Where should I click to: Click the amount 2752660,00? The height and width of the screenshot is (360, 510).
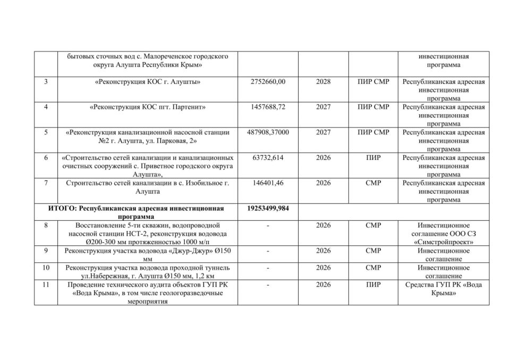268,82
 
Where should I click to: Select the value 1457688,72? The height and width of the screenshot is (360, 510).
268,107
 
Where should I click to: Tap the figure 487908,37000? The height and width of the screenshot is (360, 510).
268,132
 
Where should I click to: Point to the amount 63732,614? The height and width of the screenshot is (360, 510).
268,158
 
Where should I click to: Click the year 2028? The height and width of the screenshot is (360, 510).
323,82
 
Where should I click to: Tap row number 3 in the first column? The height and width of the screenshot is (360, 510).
46,82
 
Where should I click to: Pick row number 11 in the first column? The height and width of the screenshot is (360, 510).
46,285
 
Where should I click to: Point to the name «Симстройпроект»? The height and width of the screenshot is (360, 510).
444,242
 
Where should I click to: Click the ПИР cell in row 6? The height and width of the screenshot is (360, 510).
373,158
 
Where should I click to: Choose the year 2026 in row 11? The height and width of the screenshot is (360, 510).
323,285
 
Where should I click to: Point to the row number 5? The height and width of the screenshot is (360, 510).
46,132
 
